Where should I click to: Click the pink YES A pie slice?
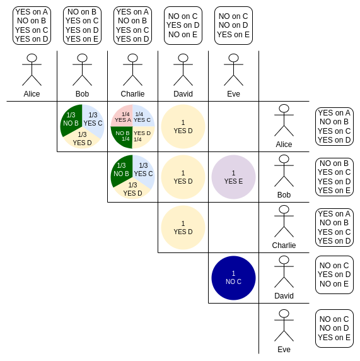(122, 116)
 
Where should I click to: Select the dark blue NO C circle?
(233, 278)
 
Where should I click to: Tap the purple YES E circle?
(233, 177)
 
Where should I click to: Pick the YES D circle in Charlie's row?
(183, 227)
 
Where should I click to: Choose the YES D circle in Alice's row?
(183, 127)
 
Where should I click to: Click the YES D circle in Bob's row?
(183, 177)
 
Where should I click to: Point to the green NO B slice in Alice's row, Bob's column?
(71, 120)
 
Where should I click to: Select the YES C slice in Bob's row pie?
(143, 170)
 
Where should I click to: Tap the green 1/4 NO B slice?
(122, 137)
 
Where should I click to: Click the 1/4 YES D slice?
(143, 137)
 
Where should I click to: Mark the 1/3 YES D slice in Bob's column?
(82, 139)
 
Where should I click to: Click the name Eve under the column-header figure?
(233, 94)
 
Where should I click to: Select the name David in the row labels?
(284, 296)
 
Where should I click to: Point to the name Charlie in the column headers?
(133, 94)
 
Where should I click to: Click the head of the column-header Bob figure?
(82, 58)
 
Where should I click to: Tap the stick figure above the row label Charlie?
(284, 222)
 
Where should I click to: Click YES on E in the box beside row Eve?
(334, 338)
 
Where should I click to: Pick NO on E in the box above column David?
(183, 35)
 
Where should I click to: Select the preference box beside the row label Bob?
(334, 177)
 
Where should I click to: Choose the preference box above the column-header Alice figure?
(32, 25)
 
